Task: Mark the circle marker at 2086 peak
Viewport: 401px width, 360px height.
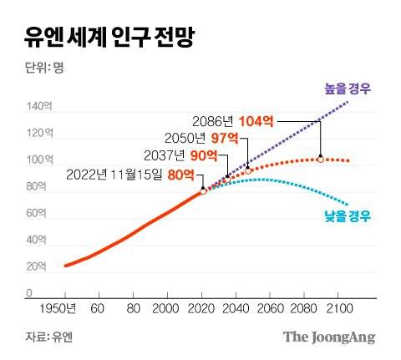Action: [320, 158]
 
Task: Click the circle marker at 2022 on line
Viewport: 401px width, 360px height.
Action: [203, 191]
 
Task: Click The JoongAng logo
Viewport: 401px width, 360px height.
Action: [328, 337]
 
